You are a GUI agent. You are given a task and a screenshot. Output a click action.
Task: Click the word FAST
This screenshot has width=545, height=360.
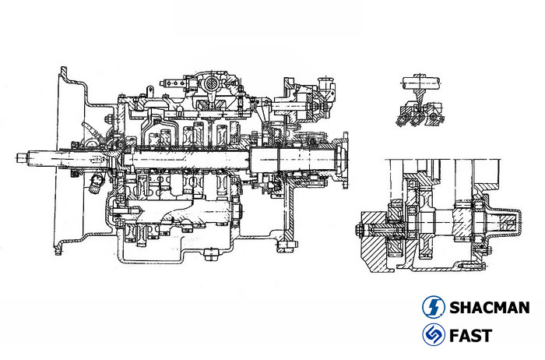click(470, 337)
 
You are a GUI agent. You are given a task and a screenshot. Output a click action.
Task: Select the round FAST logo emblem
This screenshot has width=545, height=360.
click(434, 336)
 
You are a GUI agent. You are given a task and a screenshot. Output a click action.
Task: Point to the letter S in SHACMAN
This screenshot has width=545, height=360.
click(455, 307)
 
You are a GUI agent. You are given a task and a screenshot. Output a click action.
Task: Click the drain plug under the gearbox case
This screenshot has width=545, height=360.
click(208, 251)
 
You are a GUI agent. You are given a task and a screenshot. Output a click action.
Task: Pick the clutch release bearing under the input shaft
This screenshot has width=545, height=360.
click(96, 184)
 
